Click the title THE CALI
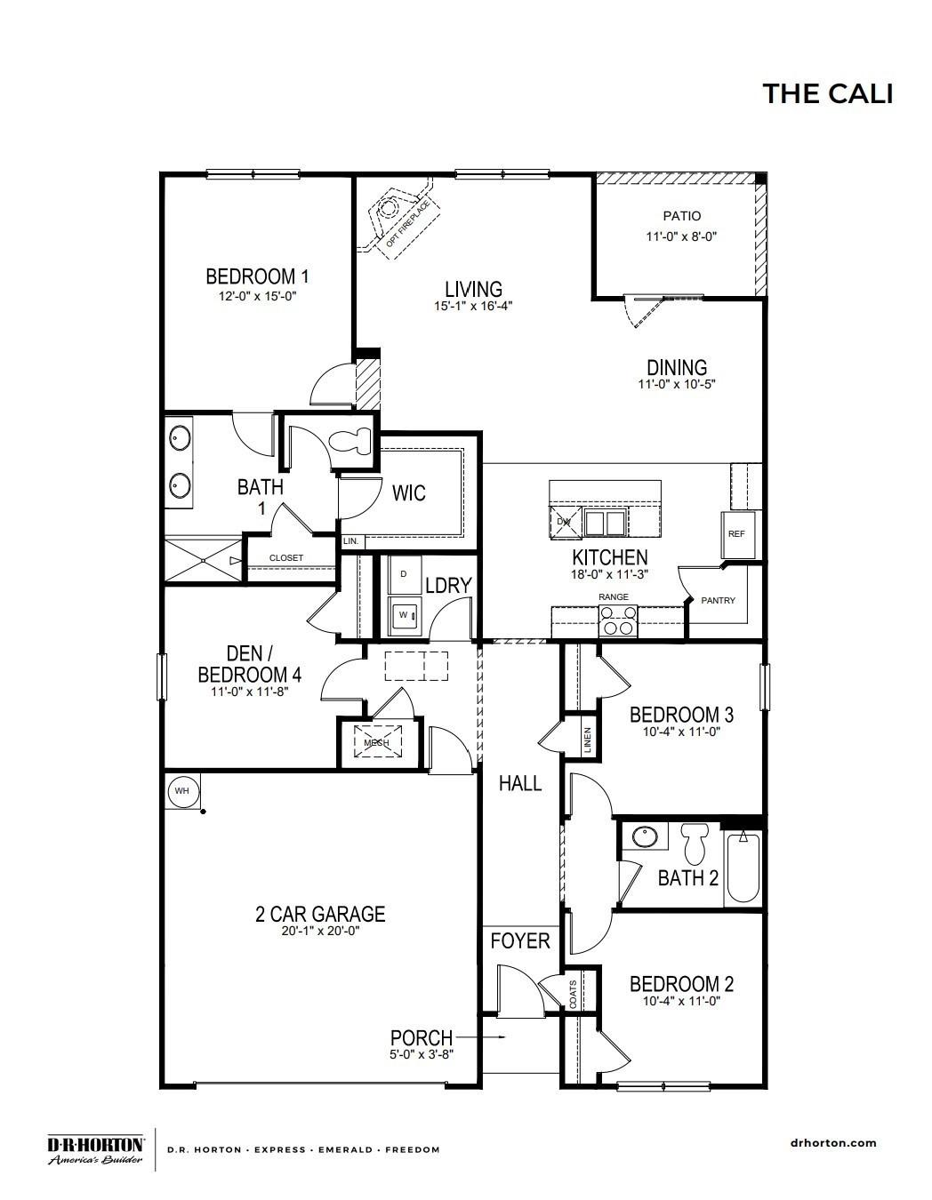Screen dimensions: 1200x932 [x=827, y=93]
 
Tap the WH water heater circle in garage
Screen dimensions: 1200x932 [x=181, y=790]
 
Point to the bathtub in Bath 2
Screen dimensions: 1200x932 [x=742, y=867]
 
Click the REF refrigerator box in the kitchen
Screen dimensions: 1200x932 [x=736, y=534]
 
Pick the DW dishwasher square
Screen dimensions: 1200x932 [x=563, y=522]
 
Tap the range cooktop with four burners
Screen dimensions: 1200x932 [x=617, y=620]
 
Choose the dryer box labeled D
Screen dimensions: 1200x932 [x=404, y=574]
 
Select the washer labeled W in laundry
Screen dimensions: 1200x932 [x=405, y=614]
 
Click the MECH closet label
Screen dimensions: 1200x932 [x=377, y=741]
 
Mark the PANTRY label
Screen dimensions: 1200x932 [x=719, y=601]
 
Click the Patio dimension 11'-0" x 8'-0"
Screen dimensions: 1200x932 [x=681, y=236]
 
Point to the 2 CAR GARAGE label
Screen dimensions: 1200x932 [x=320, y=914]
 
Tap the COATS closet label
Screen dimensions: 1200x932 [x=574, y=990]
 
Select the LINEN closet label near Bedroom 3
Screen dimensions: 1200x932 [x=588, y=740]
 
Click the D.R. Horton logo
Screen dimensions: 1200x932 [x=95, y=1148]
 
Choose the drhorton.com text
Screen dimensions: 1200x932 [x=832, y=1143]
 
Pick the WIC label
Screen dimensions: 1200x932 [x=408, y=492]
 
